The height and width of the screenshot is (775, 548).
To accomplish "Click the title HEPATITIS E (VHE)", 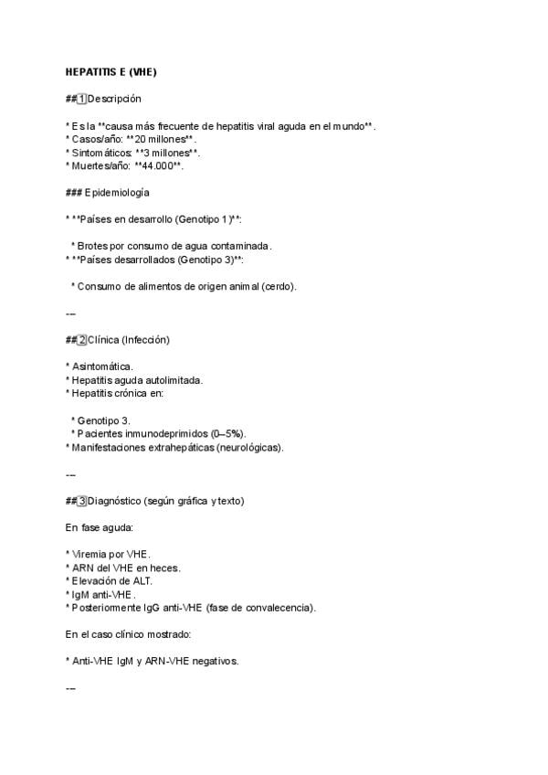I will [x=117, y=71].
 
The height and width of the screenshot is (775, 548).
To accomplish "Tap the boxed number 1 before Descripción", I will [x=82, y=99].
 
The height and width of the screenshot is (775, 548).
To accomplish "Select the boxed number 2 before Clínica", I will [x=82, y=340].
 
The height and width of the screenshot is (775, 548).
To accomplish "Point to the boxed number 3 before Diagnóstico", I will [x=82, y=501].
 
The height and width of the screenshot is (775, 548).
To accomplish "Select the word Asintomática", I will [x=102, y=366].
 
